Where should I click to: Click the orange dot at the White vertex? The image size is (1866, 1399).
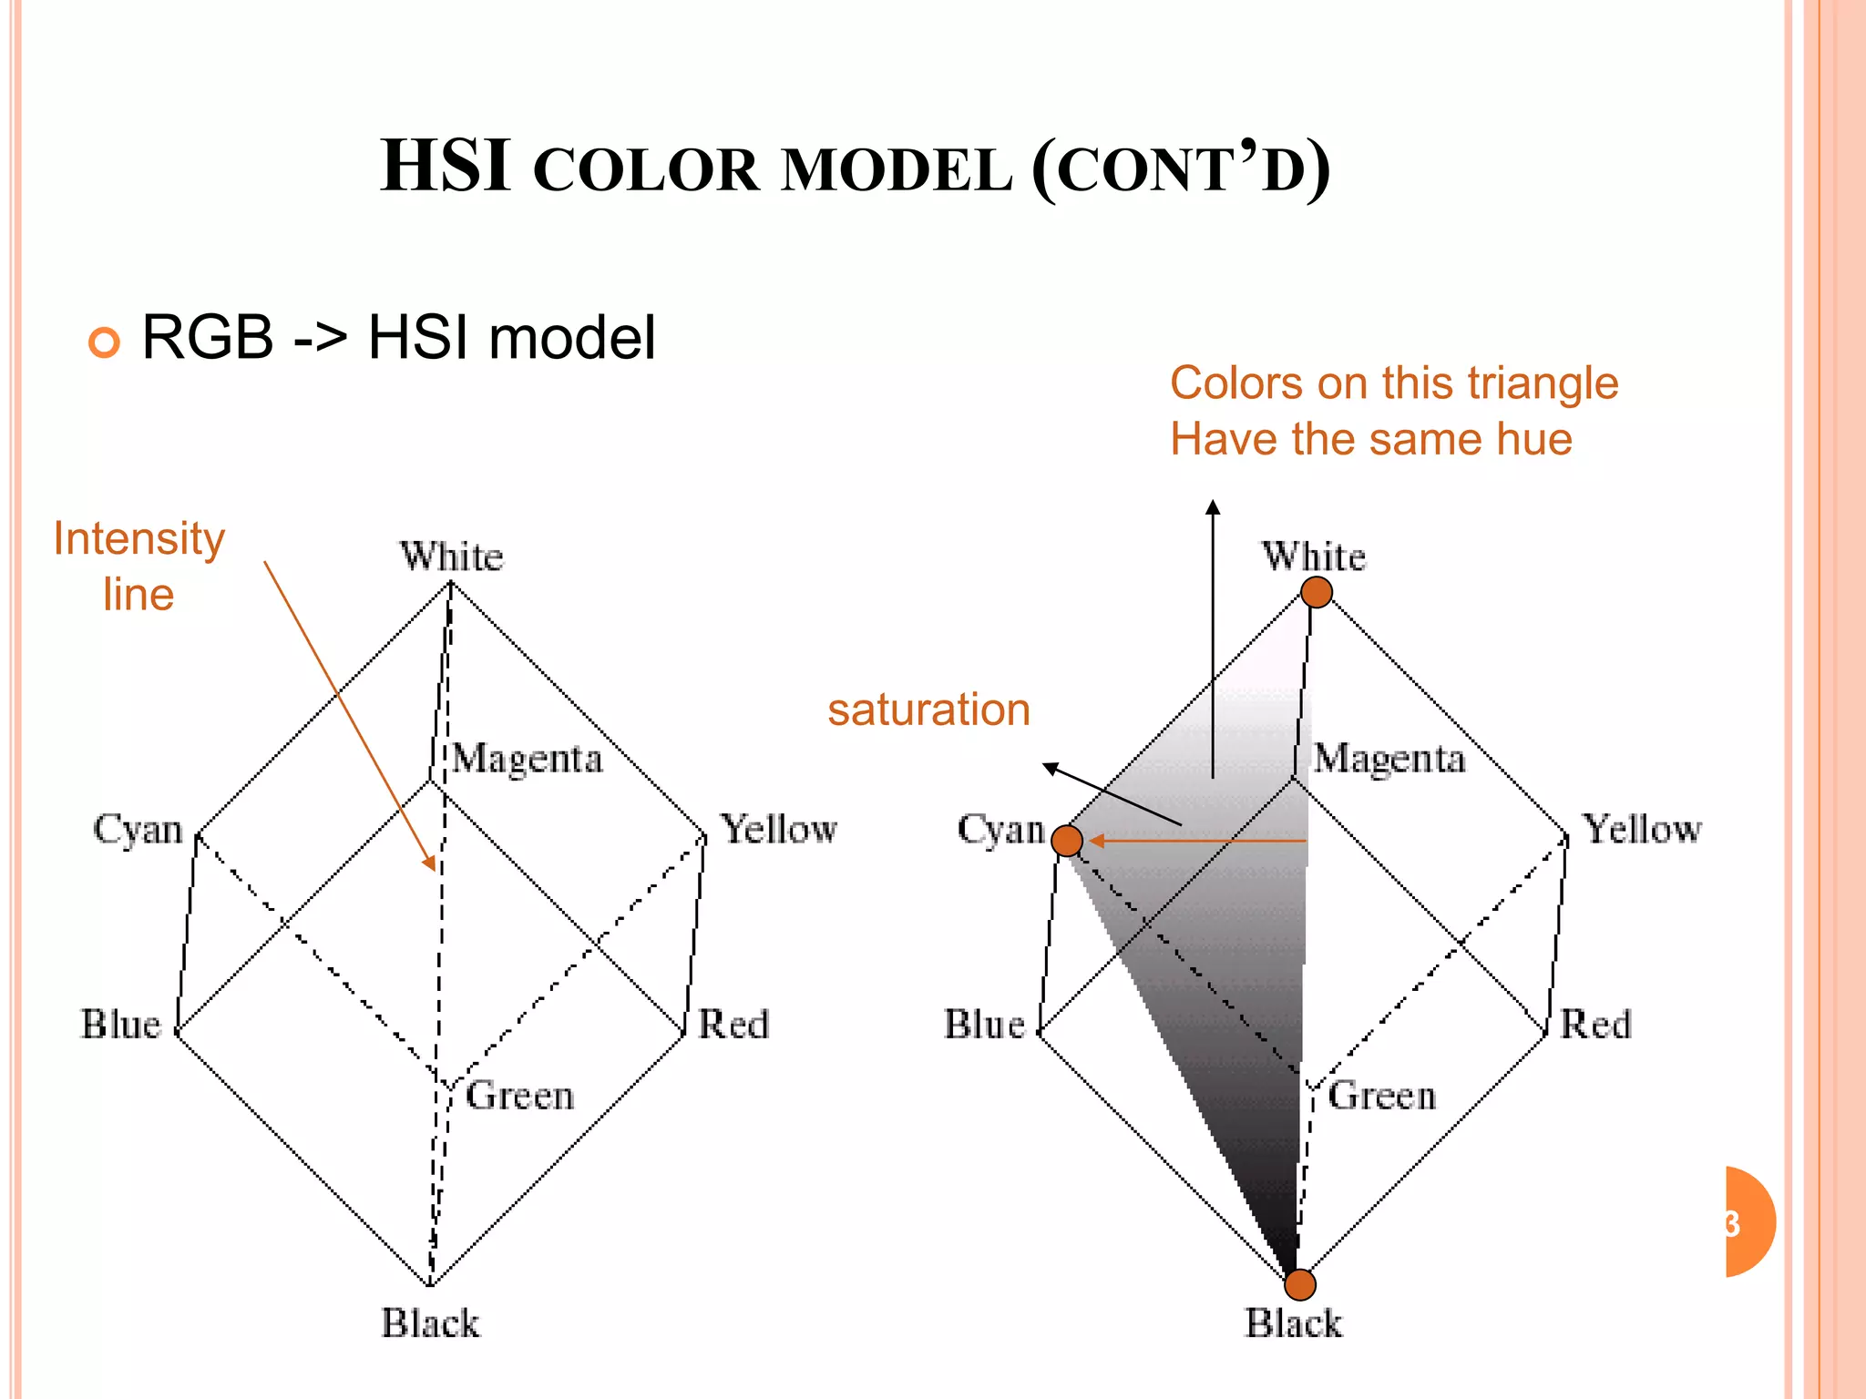coord(1316,593)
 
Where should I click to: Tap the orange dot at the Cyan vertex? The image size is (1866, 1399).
coord(1067,840)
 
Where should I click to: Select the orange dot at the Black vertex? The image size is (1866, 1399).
coord(1300,1285)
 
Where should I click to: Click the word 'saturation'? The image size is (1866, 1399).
coord(928,710)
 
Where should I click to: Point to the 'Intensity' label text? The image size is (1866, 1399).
coord(138,538)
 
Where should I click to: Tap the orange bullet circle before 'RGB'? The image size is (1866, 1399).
coord(104,342)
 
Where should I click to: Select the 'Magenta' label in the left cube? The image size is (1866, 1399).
coord(527,759)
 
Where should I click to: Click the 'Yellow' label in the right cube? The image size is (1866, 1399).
coord(1641,830)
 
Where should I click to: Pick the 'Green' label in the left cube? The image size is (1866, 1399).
coord(519,1096)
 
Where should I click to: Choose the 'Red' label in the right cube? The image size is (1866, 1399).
coord(1595,1025)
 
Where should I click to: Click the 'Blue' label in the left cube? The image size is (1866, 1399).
coord(121,1025)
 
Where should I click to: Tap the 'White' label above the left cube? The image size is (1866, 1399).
coord(451,557)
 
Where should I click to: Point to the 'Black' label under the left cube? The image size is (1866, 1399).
coord(430,1323)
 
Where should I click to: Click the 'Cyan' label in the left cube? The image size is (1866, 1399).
coord(138,830)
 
